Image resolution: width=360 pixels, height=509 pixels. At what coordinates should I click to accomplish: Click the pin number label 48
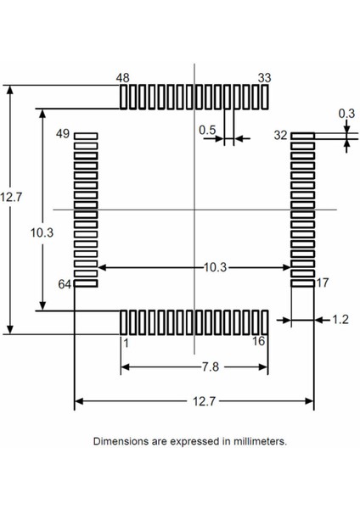tap(123, 78)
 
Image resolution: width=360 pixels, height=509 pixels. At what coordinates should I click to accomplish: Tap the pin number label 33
tap(265, 78)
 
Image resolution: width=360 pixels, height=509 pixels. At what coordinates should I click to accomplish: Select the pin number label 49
tap(63, 134)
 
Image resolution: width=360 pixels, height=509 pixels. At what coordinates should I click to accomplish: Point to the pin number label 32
tap(281, 135)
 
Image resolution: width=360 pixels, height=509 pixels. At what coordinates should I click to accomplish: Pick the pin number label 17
tap(322, 282)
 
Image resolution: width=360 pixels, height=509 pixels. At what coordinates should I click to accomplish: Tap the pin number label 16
tap(259, 342)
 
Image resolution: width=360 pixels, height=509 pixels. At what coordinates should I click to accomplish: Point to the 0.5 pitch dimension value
tap(206, 130)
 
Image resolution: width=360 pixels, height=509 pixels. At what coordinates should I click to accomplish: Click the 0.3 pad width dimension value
tap(346, 113)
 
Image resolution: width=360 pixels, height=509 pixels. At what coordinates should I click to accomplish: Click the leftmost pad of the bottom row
tap(124, 322)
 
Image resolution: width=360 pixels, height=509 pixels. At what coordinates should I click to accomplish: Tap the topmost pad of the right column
tap(303, 135)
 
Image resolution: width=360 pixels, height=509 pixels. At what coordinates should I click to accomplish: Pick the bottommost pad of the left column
tap(87, 284)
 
